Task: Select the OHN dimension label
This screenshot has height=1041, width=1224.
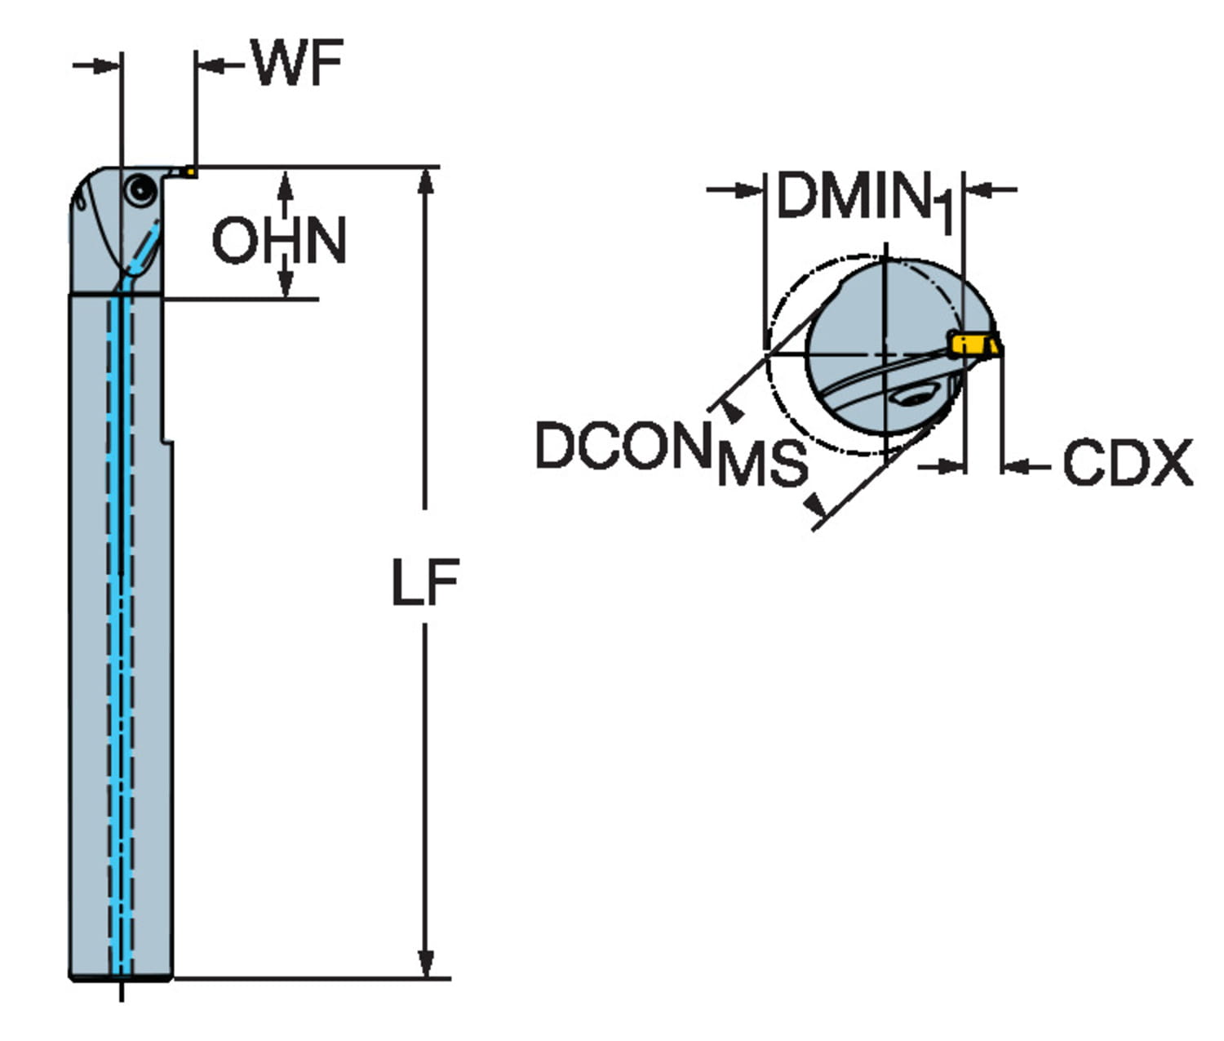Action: tap(279, 240)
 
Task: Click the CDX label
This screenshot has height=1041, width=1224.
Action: tap(1127, 464)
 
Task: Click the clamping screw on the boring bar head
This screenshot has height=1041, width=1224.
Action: tap(140, 191)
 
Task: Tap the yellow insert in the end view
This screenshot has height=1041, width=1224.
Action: tap(971, 345)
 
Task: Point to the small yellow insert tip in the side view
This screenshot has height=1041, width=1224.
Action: tap(189, 171)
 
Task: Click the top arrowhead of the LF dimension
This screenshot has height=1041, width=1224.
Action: tap(425, 181)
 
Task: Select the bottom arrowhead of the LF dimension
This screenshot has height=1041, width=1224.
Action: tap(425, 963)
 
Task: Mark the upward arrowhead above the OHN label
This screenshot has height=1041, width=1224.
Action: tap(285, 185)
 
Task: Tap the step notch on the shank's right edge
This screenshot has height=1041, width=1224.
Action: tap(167, 439)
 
